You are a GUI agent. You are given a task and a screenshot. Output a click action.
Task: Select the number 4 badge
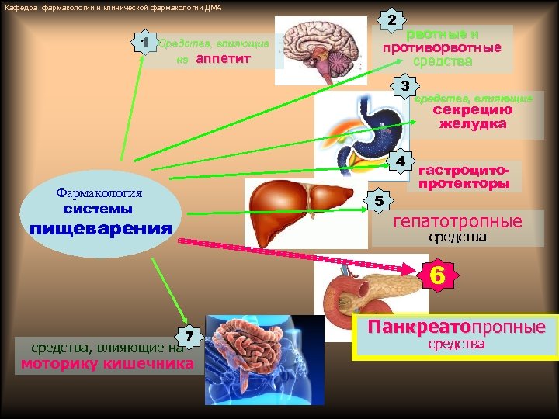coord(401,161)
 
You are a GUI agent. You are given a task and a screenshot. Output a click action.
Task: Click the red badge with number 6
coord(438,275)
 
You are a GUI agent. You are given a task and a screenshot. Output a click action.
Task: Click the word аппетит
coord(224,58)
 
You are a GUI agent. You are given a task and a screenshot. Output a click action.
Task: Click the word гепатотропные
coord(457,222)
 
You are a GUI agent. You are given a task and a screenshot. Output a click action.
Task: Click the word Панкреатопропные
coord(457,327)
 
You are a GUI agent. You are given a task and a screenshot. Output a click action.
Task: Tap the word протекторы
coord(464,184)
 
